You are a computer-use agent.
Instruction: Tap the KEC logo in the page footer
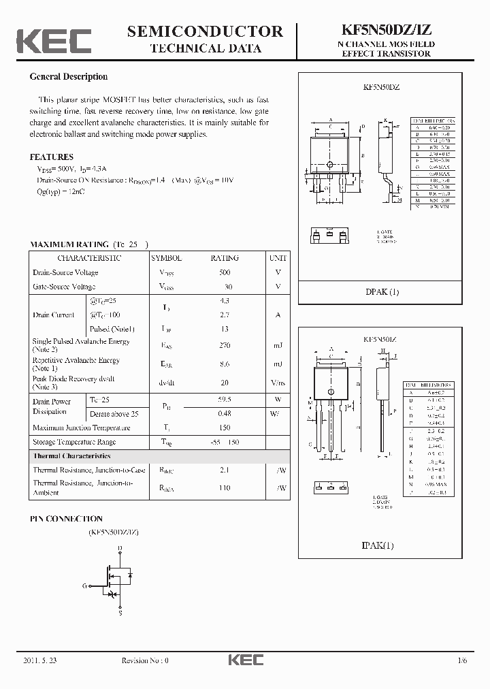245,660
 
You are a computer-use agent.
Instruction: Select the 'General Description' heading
68,77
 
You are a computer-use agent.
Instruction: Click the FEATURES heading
51,157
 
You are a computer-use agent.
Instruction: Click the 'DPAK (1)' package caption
382,292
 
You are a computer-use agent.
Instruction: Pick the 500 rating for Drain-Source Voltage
225,272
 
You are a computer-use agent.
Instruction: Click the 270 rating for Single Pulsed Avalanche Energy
225,346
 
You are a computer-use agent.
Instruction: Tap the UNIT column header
278,258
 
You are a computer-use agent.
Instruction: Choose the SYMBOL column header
166,258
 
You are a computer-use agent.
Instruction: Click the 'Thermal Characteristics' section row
71,455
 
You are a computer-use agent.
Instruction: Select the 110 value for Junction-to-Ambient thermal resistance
225,488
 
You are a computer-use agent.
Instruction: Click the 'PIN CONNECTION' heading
66,518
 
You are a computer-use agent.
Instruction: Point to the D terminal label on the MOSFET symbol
120,547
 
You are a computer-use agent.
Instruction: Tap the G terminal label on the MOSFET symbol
85,585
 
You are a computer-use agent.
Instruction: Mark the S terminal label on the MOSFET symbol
120,613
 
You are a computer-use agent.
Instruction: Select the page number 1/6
463,660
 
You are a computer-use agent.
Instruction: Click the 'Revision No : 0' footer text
144,660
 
